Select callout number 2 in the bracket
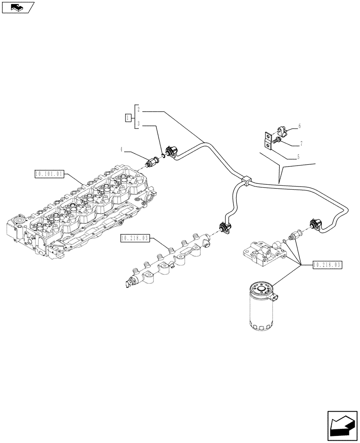[139, 109]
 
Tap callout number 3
[139, 124]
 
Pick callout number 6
[299, 126]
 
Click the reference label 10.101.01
[49, 173]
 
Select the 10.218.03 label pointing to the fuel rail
[135, 239]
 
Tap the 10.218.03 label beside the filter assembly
[329, 265]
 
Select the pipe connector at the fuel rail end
[224, 228]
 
